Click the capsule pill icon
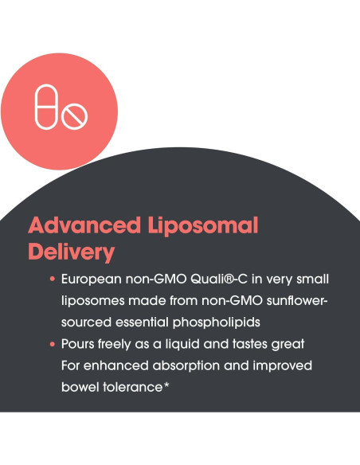point(48,107)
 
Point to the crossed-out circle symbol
point(75,119)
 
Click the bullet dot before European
point(52,281)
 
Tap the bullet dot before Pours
point(52,345)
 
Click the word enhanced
point(109,365)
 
